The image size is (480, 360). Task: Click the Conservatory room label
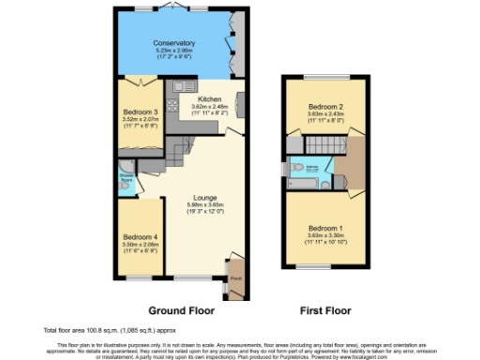pyautogui.click(x=173, y=43)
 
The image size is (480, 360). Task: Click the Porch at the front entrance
pyautogui.click(x=235, y=277)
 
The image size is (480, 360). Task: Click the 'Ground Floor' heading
pyautogui.click(x=179, y=308)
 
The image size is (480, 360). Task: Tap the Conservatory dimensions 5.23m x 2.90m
pyautogui.click(x=173, y=51)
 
